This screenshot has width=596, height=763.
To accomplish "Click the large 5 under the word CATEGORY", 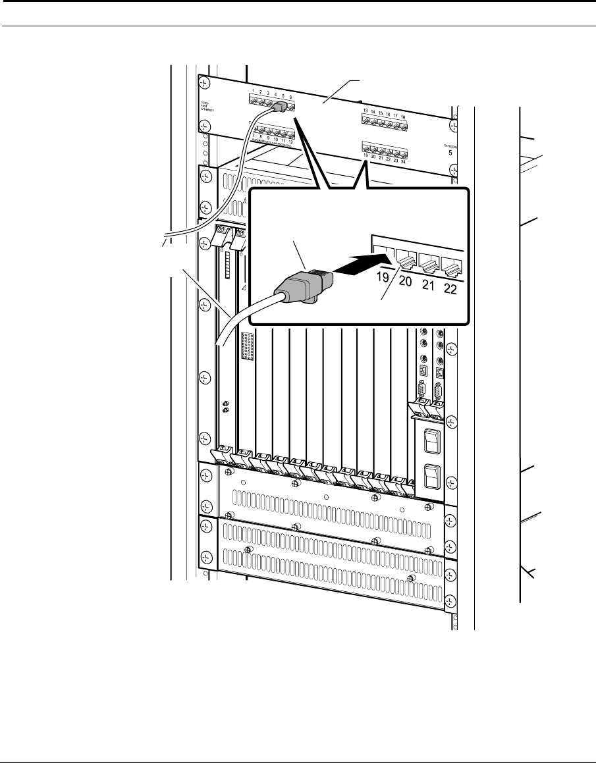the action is pos(450,153).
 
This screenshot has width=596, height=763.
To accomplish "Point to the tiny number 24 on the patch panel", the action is pos(403,161).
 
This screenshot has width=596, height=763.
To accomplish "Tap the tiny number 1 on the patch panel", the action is pos(252,92).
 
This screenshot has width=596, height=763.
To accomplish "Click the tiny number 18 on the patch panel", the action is pos(403,116).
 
